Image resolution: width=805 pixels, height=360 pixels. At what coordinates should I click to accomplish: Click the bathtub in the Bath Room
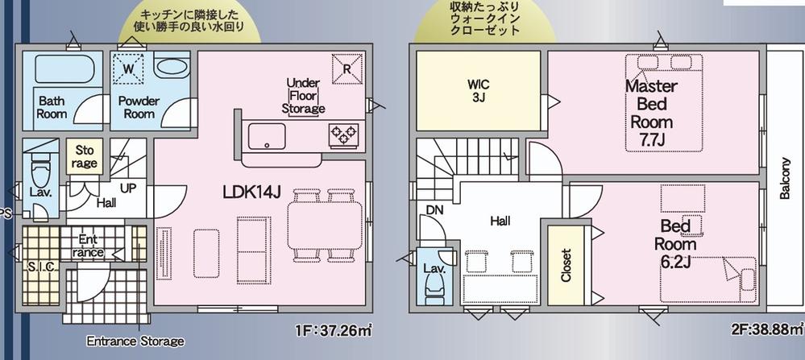point(64,68)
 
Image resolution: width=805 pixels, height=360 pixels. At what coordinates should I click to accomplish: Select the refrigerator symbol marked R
point(347,68)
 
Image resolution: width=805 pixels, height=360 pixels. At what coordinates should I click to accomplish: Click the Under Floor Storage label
point(304,96)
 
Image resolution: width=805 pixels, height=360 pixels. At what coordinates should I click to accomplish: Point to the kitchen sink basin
point(267,136)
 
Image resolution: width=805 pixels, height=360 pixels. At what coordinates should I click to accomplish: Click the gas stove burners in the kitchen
point(343,135)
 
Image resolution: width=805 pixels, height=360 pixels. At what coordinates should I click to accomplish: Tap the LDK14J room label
point(251,192)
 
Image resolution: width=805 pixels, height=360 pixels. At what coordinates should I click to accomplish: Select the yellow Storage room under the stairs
point(85,156)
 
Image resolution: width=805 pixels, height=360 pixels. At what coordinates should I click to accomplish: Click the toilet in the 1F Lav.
point(39,174)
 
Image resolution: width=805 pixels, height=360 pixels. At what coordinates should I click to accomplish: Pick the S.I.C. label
point(42,267)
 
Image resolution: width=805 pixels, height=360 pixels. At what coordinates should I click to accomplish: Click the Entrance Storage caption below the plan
point(135,341)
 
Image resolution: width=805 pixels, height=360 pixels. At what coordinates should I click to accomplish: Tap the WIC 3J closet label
point(478,90)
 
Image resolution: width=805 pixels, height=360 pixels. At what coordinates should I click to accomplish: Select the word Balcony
point(785,178)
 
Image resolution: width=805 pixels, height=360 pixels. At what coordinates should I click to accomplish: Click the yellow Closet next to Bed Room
point(566,266)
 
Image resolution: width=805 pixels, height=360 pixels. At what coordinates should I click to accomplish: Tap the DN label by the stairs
point(434,209)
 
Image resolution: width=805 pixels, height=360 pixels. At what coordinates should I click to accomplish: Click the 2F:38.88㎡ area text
point(767,329)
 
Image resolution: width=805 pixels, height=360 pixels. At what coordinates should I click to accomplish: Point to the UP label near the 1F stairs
point(128,188)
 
